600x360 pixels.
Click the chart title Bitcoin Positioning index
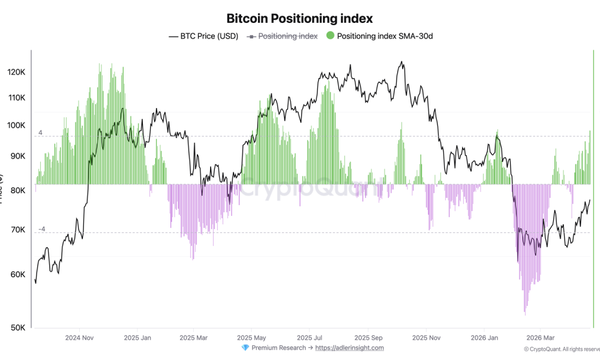[x=299, y=19]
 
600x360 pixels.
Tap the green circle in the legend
[x=330, y=36]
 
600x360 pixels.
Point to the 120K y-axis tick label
[x=16, y=72]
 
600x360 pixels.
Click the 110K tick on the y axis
[x=16, y=98]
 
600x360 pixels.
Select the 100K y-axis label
[x=16, y=125]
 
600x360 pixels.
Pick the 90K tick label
[x=17, y=156]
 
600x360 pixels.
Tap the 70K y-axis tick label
[x=17, y=230]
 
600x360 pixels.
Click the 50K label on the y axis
[x=17, y=328]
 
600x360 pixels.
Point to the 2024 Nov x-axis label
[x=80, y=338]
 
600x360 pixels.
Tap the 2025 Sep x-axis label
[x=368, y=338]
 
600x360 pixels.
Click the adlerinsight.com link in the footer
[x=349, y=347]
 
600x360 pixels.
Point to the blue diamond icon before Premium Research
[x=245, y=348]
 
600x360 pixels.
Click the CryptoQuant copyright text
[x=561, y=349]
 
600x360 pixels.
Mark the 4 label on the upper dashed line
[x=40, y=132]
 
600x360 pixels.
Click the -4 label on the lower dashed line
[x=41, y=229]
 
